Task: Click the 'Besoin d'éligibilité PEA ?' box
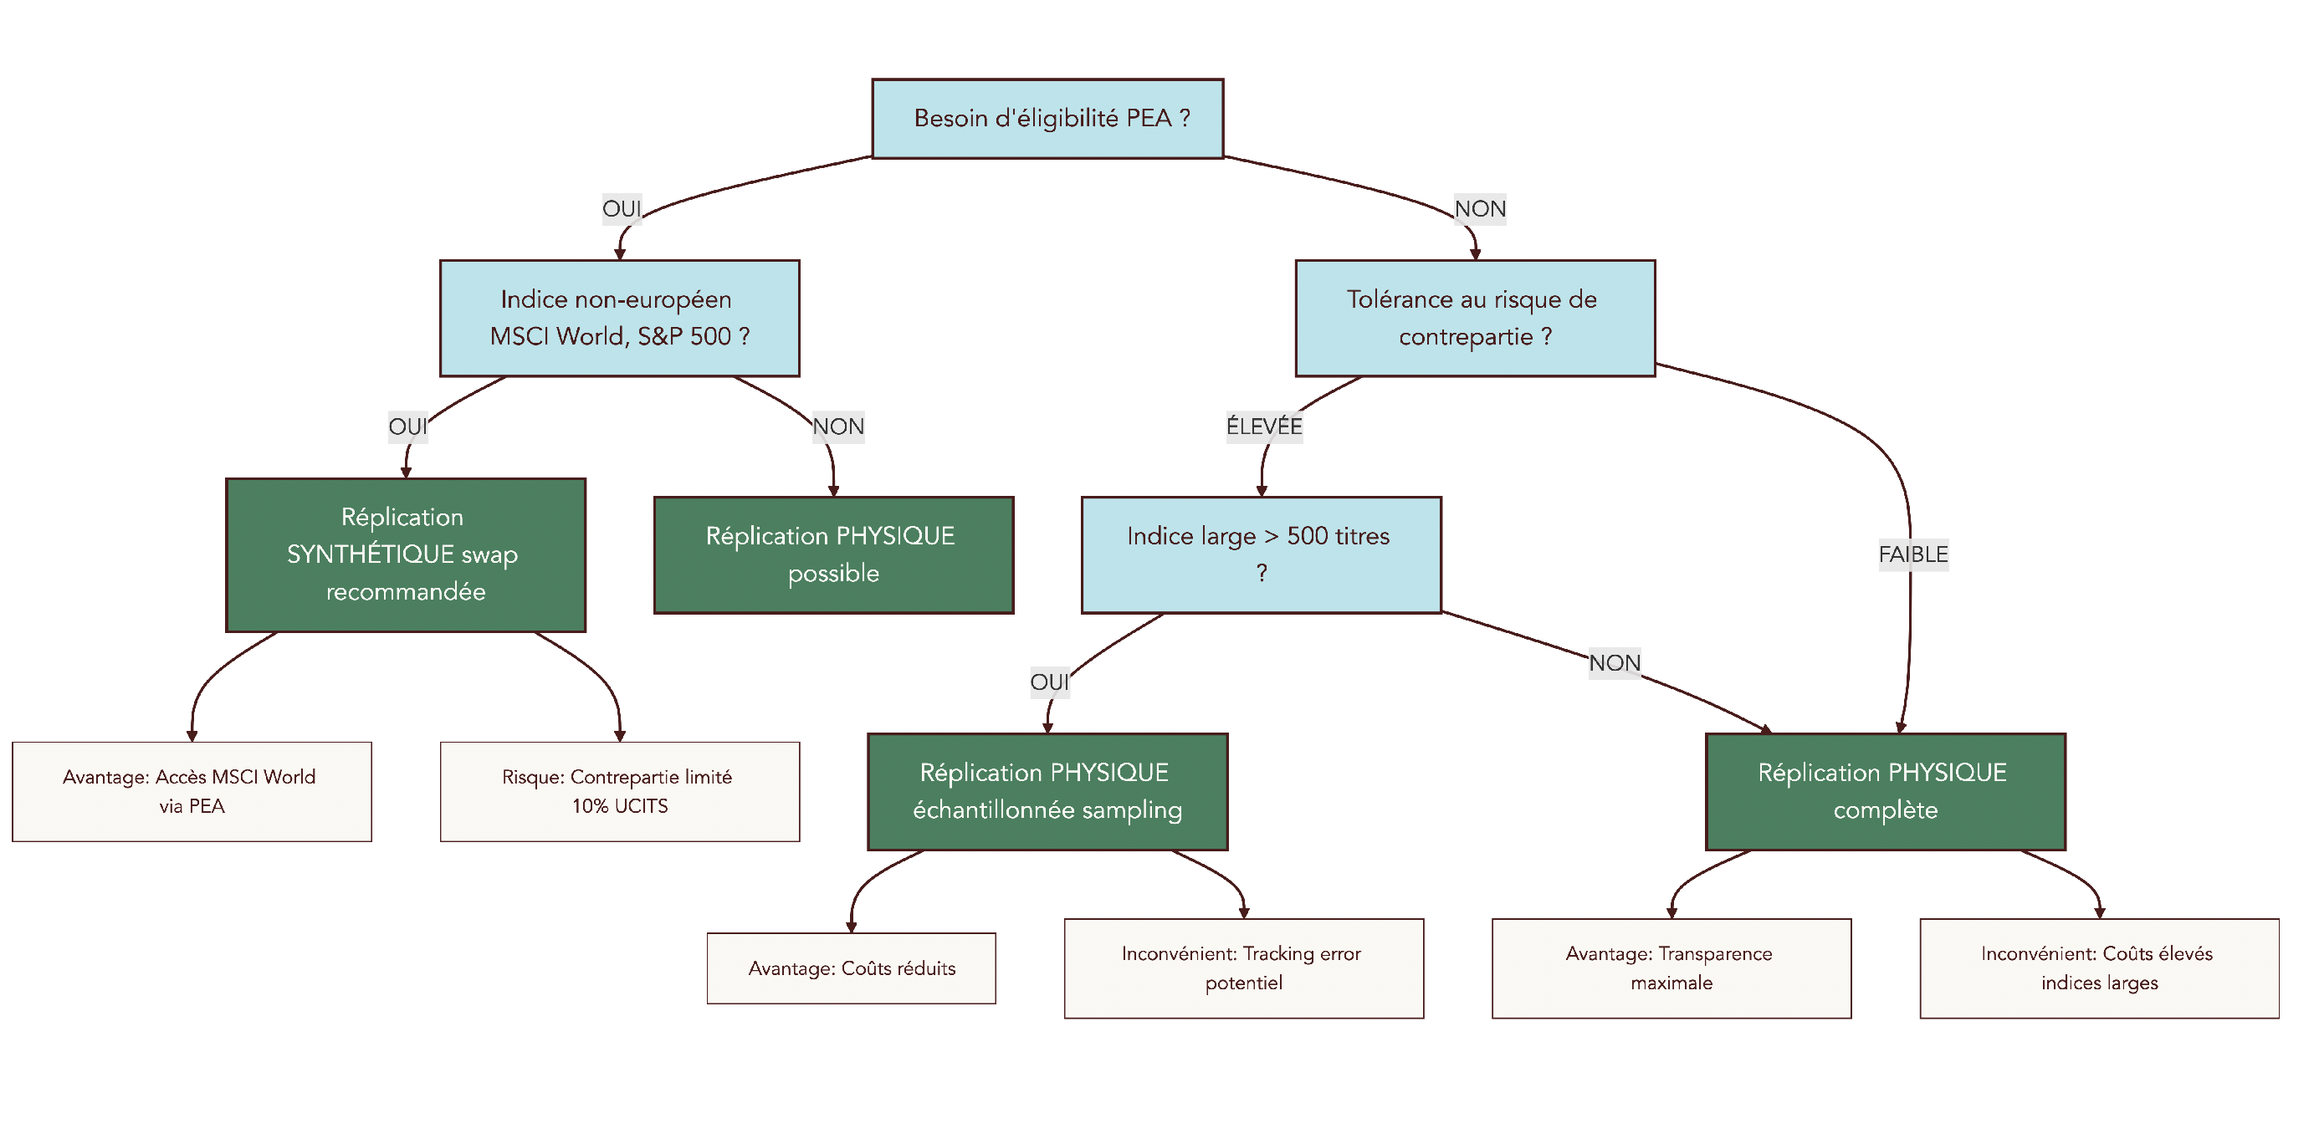(1047, 119)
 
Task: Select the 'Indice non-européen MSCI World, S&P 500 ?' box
(619, 318)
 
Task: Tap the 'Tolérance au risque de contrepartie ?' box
(1474, 318)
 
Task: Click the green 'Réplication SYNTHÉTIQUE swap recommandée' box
(405, 554)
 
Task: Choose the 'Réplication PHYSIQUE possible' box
(832, 554)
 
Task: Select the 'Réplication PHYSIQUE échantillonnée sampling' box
(1047, 791)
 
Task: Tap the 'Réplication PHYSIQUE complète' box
(1885, 791)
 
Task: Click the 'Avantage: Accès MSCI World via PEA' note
(192, 791)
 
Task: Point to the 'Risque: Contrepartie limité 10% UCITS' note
(619, 791)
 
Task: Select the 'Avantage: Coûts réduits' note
(851, 968)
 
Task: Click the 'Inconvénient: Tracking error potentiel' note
(1243, 968)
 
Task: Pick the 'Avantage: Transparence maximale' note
(1671, 968)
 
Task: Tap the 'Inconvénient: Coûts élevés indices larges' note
(2098, 968)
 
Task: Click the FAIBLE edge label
(1912, 554)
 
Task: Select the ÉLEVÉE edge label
(1264, 426)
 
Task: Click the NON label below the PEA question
(1479, 209)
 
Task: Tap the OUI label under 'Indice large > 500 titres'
(1049, 682)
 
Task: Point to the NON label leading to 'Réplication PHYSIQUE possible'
(838, 426)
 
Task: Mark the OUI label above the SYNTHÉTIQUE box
(407, 426)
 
